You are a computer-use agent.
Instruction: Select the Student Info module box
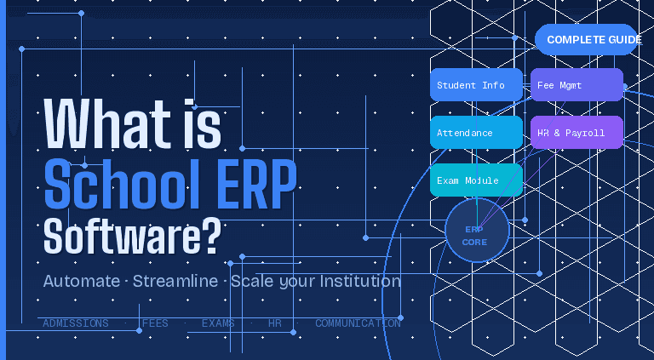point(476,85)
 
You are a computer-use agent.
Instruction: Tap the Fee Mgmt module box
point(577,85)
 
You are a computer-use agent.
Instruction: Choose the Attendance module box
point(476,133)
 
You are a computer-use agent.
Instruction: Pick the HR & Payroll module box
point(577,133)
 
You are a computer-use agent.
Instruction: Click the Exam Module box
point(476,180)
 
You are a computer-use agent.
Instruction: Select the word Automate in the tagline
point(81,281)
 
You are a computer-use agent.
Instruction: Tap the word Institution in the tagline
point(354,281)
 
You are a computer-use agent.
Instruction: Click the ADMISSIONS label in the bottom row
point(76,323)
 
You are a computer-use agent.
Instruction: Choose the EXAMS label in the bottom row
point(219,323)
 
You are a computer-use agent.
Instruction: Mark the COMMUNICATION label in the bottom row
point(358,323)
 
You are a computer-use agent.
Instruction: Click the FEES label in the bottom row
point(155,323)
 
